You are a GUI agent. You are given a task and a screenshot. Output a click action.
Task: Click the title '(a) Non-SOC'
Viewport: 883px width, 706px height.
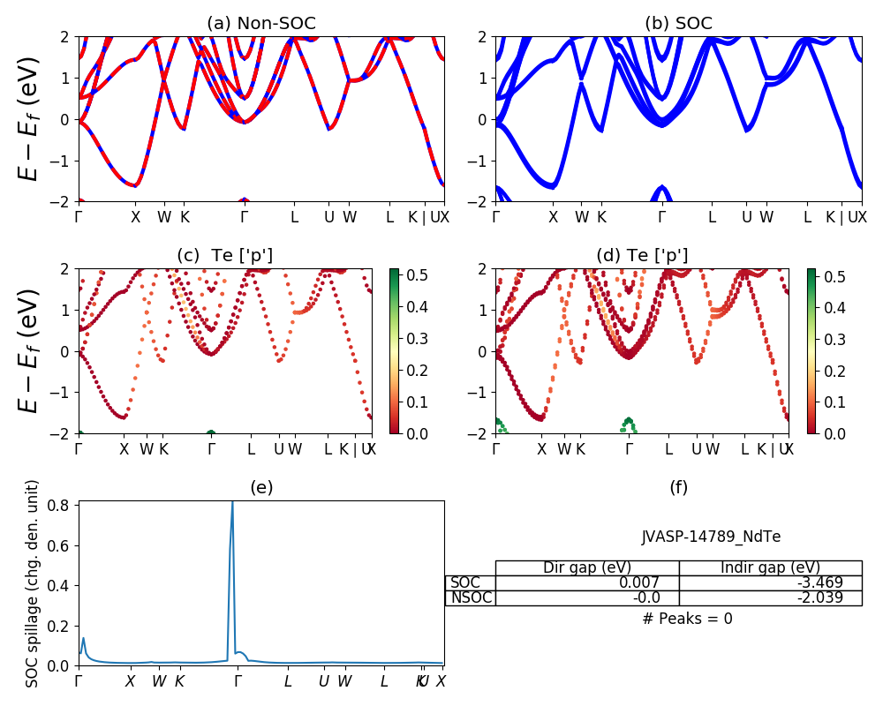pos(261,24)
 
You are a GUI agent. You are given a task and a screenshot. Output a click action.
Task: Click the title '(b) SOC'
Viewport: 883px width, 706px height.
pos(678,24)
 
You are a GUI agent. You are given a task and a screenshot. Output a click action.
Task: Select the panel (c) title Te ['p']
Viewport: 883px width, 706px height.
pos(224,256)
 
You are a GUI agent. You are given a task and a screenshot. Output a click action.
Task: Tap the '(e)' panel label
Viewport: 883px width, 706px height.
pos(261,487)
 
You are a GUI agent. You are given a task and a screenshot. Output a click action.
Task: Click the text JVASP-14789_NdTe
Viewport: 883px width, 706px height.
pos(711,537)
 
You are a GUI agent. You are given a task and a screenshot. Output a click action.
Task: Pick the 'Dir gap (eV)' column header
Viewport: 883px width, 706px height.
pos(587,567)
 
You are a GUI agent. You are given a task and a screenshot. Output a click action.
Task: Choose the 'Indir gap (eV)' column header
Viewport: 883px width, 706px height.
pos(770,567)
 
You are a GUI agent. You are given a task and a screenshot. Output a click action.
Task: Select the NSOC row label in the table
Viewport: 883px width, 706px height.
pos(471,597)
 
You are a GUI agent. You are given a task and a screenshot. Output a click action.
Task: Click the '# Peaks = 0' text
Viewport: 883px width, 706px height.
pos(687,619)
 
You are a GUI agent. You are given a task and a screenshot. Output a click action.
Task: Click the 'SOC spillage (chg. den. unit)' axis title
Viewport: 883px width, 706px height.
pos(33,583)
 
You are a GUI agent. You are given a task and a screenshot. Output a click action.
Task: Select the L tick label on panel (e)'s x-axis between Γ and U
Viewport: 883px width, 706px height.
pos(288,681)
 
